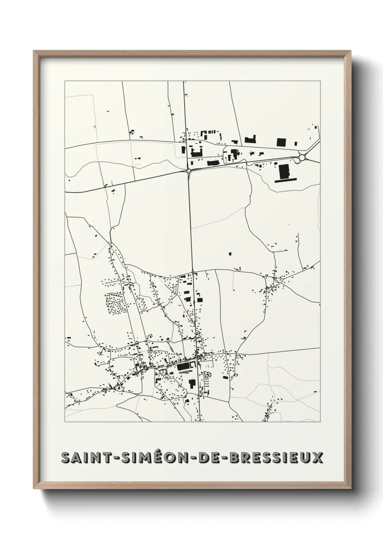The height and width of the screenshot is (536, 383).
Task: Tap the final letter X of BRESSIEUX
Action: pos(317,458)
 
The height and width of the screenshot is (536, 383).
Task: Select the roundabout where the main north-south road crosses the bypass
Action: pos(189,170)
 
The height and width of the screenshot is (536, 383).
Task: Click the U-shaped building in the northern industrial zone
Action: pos(196,152)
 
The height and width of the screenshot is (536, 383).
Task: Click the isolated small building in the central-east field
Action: pos(230,253)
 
